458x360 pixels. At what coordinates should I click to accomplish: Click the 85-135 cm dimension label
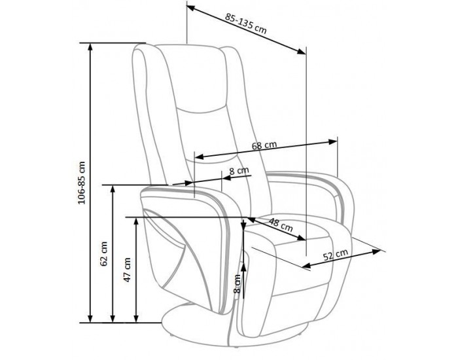coord(245,23)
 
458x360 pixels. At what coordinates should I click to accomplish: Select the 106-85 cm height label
coord(82,183)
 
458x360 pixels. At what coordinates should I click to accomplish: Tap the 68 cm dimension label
coord(264,145)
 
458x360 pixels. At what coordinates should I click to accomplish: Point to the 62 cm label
coord(103,254)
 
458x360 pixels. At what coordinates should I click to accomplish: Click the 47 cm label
coord(127,270)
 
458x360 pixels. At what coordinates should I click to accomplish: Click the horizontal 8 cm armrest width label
coord(239,171)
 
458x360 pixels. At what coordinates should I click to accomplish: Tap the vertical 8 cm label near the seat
coord(237,283)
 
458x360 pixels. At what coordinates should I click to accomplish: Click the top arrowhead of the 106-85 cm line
coord(90,47)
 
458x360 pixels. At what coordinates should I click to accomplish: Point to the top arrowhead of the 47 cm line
coord(136,222)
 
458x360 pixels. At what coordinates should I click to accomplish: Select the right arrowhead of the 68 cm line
coord(332,142)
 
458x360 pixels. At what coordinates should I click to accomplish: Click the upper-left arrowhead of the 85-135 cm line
coord(191,8)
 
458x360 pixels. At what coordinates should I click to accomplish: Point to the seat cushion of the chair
coord(295,234)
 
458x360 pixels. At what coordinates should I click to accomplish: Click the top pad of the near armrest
coord(190,194)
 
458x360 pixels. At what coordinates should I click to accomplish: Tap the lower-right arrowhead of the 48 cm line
coord(301,238)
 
